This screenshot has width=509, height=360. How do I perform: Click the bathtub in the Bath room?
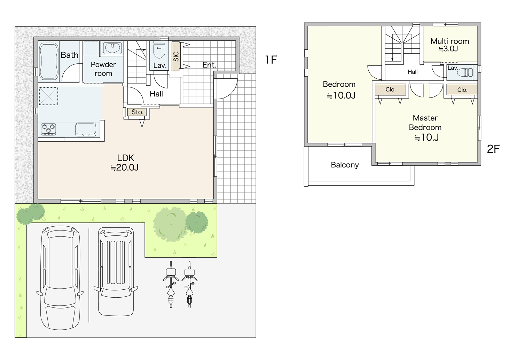(48, 61)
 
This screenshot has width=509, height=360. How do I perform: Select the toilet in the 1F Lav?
(159, 51)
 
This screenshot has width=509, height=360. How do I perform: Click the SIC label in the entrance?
(176, 56)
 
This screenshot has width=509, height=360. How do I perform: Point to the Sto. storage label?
(137, 112)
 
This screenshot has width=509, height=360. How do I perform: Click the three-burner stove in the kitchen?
(48, 129)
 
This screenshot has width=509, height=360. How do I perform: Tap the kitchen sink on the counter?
(86, 130)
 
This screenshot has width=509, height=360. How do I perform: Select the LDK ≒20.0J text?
(125, 163)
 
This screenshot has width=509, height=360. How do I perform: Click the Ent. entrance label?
(209, 65)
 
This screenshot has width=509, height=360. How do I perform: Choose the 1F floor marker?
(271, 60)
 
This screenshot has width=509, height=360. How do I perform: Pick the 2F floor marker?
(493, 149)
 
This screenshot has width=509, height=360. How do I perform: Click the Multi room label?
(450, 41)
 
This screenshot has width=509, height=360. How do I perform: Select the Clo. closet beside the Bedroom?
(390, 89)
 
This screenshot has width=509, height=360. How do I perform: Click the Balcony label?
(345, 165)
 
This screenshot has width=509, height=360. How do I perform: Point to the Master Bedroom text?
(425, 123)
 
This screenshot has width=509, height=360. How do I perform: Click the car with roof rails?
(116, 271)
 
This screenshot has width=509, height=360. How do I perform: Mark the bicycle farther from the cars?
(189, 284)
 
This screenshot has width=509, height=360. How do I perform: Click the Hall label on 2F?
(413, 72)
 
